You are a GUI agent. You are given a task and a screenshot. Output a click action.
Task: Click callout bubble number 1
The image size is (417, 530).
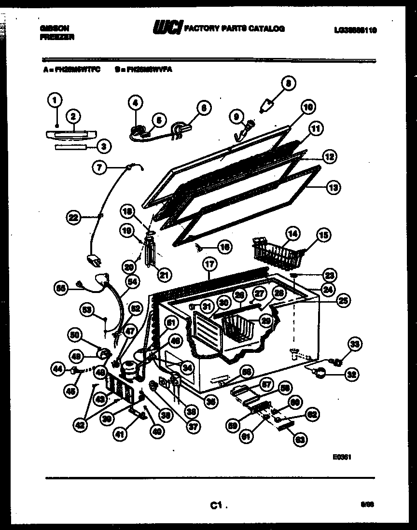(55, 100)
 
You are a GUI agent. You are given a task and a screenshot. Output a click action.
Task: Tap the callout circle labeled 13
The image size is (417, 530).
(333, 187)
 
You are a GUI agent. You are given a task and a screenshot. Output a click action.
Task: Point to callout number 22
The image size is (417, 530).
(73, 218)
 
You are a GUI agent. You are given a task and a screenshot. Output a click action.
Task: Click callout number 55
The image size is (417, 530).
(61, 288)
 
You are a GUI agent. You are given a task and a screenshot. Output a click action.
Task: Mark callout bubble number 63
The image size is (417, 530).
(299, 439)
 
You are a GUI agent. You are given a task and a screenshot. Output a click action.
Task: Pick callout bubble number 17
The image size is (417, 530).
(209, 265)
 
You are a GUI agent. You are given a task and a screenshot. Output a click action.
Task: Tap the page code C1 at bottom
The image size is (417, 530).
(215, 505)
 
